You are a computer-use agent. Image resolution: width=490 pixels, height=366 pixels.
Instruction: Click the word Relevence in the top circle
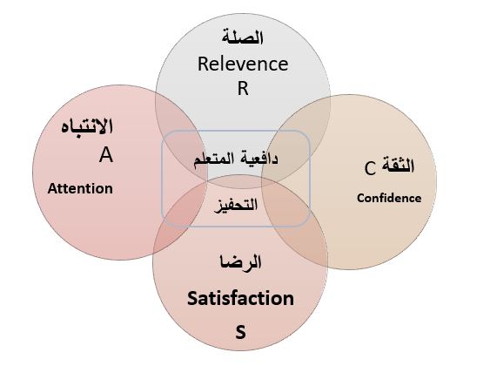pos(243,64)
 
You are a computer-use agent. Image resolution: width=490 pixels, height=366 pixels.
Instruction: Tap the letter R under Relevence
pos(243,88)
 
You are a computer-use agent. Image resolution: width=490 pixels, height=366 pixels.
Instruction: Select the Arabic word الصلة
pos(243,37)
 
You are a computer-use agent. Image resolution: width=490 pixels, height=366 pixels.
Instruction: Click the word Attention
pos(80,188)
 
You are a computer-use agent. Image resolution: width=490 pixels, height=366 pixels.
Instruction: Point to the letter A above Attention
pos(106,155)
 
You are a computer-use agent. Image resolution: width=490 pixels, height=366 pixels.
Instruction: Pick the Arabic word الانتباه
pos(87,126)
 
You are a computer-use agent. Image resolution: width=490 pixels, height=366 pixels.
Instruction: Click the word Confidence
pos(389,198)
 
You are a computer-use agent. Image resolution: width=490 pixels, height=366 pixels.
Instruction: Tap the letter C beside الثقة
pos(370,168)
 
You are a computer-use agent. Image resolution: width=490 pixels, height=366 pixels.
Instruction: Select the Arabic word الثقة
pos(398,166)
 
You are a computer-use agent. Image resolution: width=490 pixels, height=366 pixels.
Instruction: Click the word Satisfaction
pos(240,298)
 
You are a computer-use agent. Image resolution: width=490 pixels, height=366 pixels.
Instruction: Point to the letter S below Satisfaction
pos(240,332)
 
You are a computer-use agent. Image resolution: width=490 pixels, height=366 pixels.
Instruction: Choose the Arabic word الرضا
pos(240,263)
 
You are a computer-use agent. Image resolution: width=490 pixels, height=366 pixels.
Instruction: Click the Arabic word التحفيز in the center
pos(236,206)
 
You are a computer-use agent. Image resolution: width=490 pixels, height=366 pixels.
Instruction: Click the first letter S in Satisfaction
pos(193,299)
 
